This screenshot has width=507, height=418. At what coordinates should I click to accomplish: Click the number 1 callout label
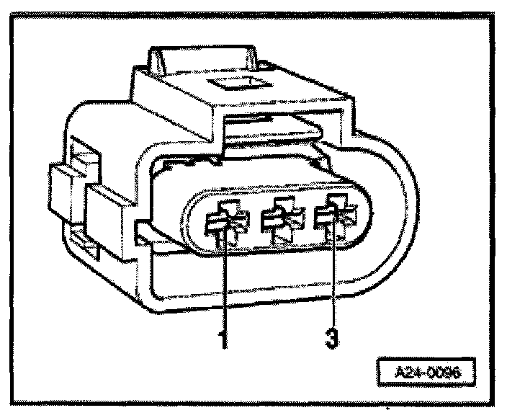click(223, 337)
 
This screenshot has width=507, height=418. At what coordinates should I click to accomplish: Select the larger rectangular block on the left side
click(108, 209)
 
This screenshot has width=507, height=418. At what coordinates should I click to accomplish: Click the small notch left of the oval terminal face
click(144, 231)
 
